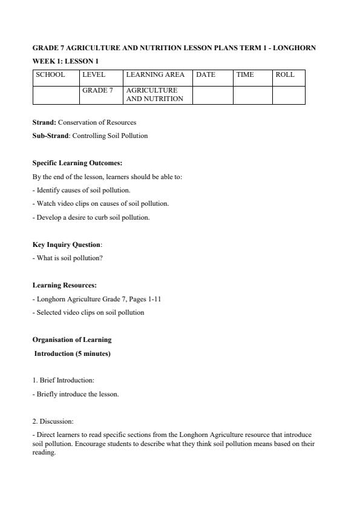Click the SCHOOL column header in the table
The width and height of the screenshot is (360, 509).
coord(50,75)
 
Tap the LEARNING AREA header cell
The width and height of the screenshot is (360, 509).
coord(155,75)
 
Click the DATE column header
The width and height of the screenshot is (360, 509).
coord(206,75)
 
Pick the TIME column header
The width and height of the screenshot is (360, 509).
coord(245,75)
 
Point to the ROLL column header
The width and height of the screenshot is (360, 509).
coord(285,75)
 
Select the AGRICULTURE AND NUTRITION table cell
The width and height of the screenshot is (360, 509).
coord(155,94)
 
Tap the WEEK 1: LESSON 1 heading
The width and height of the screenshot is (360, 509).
coord(65,61)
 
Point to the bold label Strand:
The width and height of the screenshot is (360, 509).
coord(44,122)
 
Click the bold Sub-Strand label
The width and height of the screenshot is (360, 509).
coord(51,136)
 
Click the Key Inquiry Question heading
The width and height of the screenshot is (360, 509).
coord(67,245)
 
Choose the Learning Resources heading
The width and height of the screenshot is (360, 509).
coord(64,285)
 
